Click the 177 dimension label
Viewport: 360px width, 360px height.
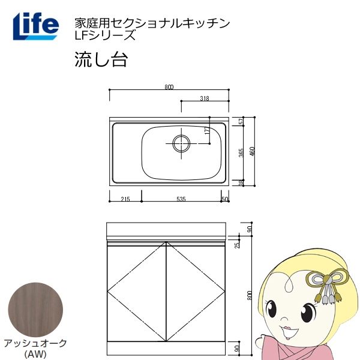(208, 134)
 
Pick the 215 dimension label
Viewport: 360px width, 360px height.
(125, 199)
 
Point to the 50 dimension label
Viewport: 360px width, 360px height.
(225, 199)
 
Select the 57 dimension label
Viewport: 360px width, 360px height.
(241, 122)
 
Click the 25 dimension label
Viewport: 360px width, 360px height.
(238, 244)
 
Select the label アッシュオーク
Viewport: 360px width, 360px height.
(35, 343)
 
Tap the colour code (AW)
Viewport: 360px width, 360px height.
(35, 353)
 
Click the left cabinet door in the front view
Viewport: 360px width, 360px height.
(136, 292)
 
